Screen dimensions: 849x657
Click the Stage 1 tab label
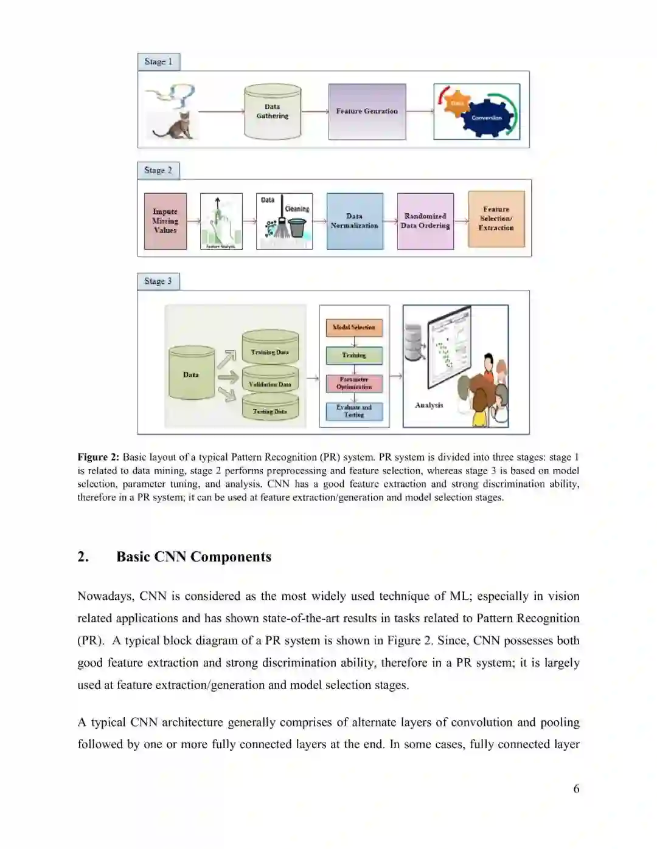pos(158,62)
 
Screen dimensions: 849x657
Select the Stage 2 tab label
pos(158,171)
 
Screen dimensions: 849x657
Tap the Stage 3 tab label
pos(158,281)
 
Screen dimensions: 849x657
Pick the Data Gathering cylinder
pos(273,112)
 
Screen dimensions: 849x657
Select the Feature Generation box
pos(367,112)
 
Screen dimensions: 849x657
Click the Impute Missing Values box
pos(165,221)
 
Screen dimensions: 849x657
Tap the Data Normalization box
pos(355,221)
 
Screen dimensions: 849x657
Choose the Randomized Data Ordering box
pos(425,221)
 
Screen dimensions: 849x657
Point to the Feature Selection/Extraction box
pos(496,219)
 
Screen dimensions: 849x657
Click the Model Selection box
pos(354,328)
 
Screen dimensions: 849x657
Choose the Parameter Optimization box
pos(354,383)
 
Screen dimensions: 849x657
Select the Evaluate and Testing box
pos(354,411)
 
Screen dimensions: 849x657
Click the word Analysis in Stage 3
pos(429,405)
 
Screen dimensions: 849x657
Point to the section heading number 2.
pos(83,557)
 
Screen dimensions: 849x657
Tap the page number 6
pos(576,789)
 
